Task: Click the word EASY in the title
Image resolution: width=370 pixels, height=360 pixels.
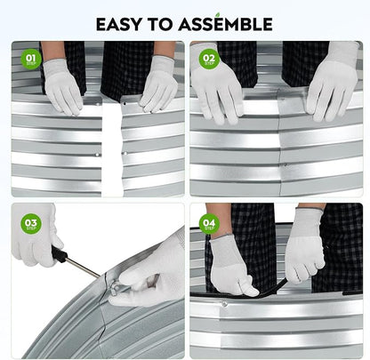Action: [118, 24]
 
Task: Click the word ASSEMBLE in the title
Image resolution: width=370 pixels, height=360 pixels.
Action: [226, 24]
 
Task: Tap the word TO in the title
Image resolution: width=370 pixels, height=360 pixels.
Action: [160, 24]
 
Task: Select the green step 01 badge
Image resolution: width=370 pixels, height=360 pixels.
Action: [31, 60]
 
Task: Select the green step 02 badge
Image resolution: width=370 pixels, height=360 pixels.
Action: [209, 60]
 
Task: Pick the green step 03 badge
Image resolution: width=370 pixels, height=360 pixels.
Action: [31, 224]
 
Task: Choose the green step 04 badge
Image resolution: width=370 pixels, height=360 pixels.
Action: [209, 224]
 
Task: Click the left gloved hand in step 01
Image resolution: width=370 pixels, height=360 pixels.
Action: [62, 86]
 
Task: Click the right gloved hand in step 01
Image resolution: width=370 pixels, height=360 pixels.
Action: [158, 84]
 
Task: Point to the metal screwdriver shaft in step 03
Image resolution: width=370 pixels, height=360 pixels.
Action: [83, 268]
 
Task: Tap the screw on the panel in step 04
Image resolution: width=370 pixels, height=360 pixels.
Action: [224, 304]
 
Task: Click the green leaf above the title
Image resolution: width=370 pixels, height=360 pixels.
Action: [219, 14]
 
